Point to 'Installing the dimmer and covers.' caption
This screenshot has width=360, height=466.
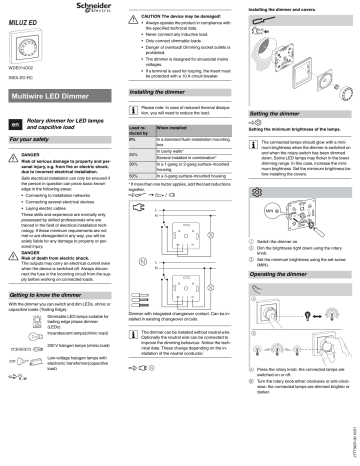click(x=281, y=8)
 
